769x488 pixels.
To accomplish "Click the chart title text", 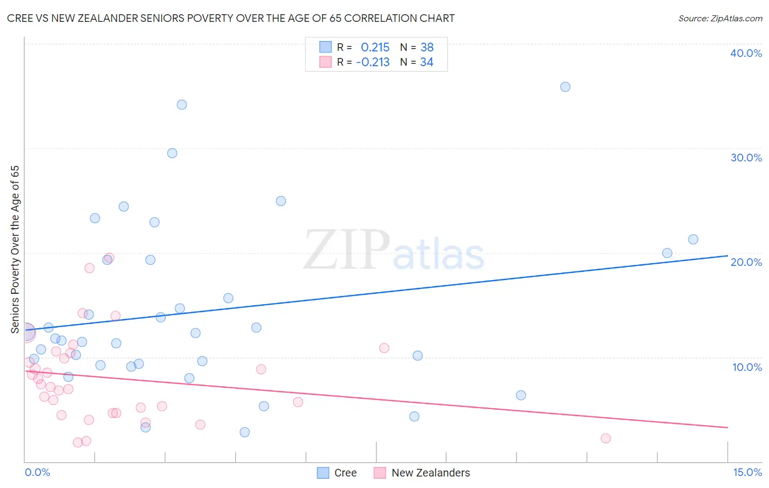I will tap(230, 19).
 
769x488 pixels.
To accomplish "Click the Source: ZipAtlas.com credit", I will tap(720, 19).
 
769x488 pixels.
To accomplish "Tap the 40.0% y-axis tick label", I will tap(745, 53).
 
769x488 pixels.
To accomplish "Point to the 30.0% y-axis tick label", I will tap(745, 158).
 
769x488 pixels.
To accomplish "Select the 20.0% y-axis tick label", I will tap(745, 262).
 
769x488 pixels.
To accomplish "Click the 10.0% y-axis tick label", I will tap(747, 367).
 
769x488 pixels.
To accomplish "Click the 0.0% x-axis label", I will tap(37, 472).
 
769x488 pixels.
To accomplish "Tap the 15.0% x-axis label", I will tap(747, 472).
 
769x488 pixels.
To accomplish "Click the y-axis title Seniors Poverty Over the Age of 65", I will tap(15, 249).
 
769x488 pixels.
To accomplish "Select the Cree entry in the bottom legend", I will tap(345, 473).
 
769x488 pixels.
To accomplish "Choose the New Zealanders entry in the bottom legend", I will tap(430, 473).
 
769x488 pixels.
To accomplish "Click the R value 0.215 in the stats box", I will tap(375, 48).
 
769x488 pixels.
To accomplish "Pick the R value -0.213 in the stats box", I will tap(373, 62).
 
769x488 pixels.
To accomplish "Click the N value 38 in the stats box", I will tap(427, 48).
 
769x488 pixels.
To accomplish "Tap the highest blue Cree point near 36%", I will tap(565, 87).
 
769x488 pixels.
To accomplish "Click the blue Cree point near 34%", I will tap(182, 104).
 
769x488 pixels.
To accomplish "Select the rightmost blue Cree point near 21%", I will tap(693, 239).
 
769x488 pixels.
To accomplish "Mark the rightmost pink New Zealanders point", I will tap(605, 438).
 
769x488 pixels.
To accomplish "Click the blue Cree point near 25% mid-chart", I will tap(281, 201).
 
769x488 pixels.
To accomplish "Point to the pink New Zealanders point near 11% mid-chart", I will tap(384, 348).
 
